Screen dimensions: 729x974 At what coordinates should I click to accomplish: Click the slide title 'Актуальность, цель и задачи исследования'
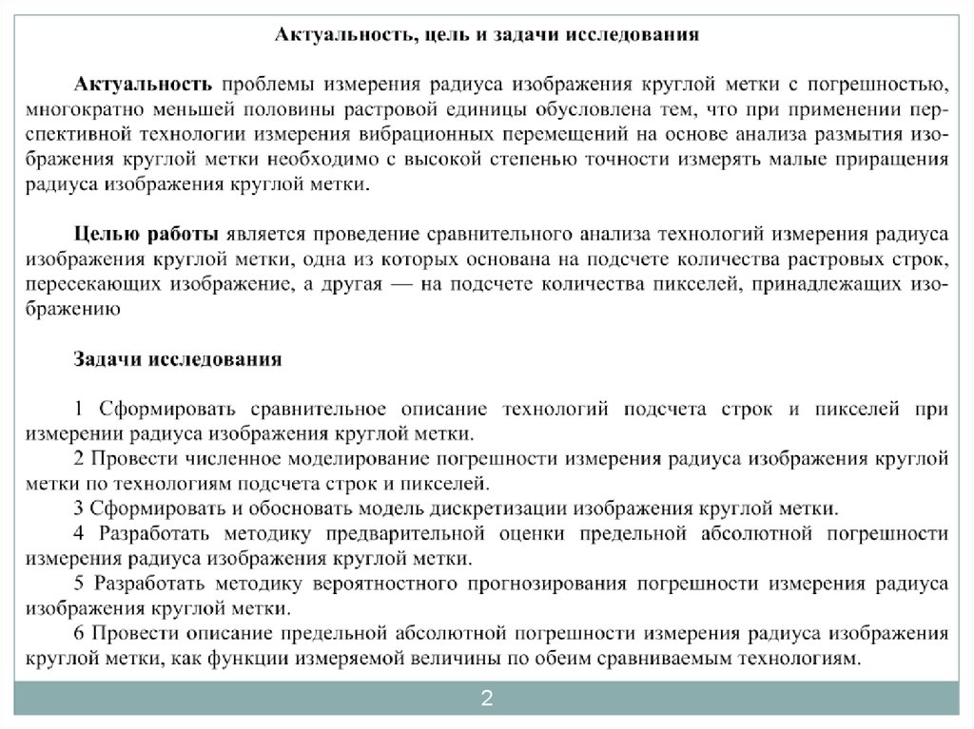(487, 35)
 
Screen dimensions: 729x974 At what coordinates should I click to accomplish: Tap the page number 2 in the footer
(487, 700)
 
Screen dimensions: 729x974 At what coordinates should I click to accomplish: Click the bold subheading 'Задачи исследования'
(179, 359)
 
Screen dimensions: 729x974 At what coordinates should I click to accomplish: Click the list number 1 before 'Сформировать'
(80, 410)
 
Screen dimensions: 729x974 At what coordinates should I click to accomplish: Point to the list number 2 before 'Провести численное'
(80, 459)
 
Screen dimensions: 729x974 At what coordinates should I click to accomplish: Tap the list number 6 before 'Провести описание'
(80, 632)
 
